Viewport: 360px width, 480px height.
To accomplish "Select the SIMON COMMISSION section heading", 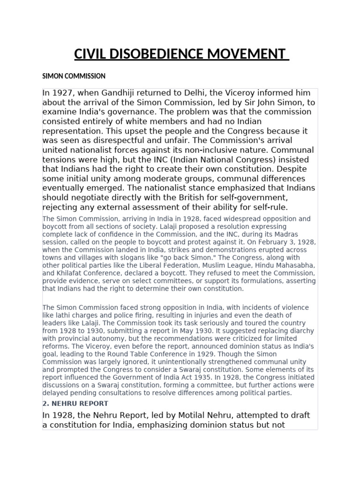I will (x=74, y=76).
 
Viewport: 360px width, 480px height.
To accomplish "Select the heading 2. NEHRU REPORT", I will (x=75, y=403).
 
